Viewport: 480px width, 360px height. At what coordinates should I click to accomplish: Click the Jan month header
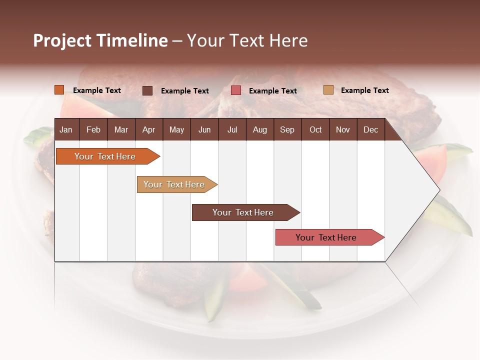point(66,129)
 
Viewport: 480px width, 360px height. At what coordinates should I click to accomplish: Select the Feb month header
point(93,129)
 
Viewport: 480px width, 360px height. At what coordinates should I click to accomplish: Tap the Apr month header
point(148,129)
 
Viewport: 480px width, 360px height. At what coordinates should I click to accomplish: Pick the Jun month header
point(204,129)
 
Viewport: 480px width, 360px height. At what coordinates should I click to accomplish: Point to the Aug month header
point(259,129)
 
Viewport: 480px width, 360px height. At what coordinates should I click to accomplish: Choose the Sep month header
point(287,129)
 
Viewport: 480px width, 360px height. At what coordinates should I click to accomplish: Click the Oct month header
point(315,129)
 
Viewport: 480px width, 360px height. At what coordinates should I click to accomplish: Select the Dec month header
point(370,129)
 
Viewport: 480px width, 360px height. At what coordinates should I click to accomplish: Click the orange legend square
point(59,90)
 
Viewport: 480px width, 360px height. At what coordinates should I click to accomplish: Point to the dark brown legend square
point(147,90)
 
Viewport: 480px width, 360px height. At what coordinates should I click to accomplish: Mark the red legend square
point(236,90)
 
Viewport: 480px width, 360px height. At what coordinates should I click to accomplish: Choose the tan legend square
point(328,90)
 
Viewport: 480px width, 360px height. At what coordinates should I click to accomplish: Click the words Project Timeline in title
point(100,40)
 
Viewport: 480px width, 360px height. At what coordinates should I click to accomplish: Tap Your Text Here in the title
point(247,40)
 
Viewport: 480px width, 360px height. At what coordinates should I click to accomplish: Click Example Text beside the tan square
point(364,90)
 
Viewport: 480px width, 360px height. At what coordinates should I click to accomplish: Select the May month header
point(176,129)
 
